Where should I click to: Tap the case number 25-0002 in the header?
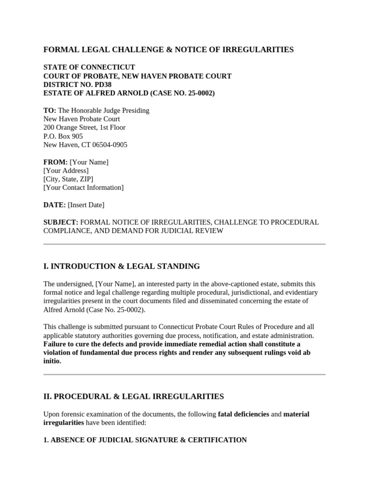pos(197,93)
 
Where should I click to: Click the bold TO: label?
pos(49,111)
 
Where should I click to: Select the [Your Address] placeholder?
pos(66,171)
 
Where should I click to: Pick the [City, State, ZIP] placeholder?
pos(68,179)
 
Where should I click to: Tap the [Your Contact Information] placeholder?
pos(83,188)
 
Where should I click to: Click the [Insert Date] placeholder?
pos(86,205)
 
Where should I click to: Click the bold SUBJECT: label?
pos(61,222)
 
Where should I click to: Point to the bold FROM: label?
pos(55,162)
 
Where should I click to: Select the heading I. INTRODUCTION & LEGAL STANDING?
pos(122,266)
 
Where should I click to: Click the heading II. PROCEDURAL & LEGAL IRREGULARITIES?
pos(134,396)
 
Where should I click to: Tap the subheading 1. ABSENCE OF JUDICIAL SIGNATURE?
pos(145,440)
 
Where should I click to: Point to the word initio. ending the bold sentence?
pos(52,361)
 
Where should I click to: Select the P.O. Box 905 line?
pos(63,136)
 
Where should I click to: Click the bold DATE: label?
pos(54,205)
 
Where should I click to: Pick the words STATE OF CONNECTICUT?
pos(89,67)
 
